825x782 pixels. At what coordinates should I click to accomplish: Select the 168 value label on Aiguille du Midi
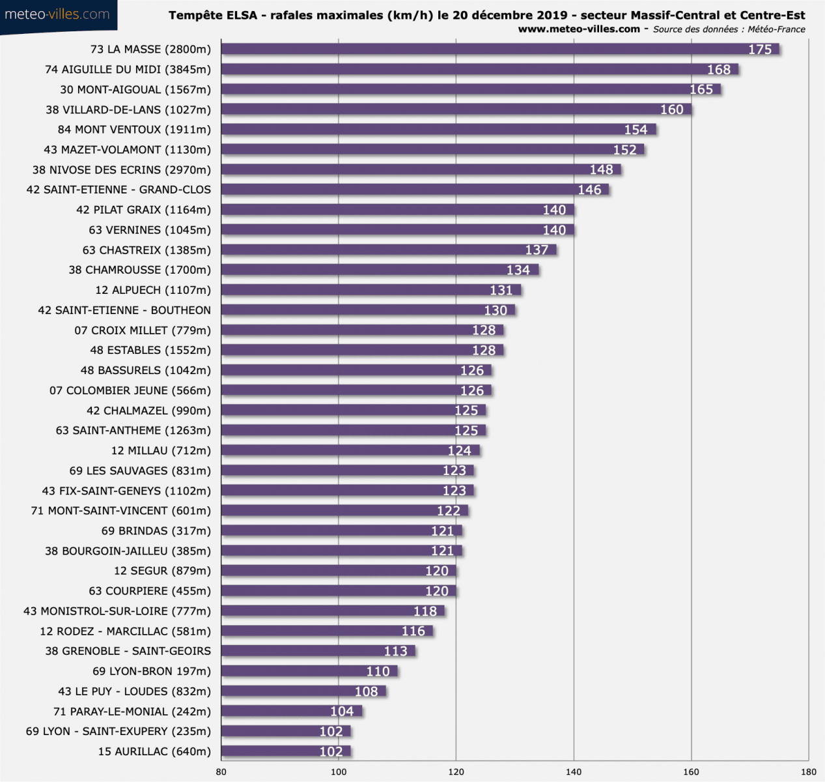719,70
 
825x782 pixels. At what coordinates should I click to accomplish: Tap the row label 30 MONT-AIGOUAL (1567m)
135,89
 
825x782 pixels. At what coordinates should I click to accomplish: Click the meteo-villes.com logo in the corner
57,14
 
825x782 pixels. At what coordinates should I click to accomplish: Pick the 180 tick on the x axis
808,772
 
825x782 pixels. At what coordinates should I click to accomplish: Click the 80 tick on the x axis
221,772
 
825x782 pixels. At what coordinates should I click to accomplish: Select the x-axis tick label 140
574,772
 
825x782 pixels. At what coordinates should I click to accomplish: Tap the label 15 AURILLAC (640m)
154,751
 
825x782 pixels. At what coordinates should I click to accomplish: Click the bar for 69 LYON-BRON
309,671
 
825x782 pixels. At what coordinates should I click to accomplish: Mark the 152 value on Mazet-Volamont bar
624,150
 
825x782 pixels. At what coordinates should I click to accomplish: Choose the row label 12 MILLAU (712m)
161,450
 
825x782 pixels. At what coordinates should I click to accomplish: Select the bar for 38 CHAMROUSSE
380,270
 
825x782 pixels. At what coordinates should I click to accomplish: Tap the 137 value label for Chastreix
537,250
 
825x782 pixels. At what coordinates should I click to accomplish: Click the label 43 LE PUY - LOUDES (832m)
134,691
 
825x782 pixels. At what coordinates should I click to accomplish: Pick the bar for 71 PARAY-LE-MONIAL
291,712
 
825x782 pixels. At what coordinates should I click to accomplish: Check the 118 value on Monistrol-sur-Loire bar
425,611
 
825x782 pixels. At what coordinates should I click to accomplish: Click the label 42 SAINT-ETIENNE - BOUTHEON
124,310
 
